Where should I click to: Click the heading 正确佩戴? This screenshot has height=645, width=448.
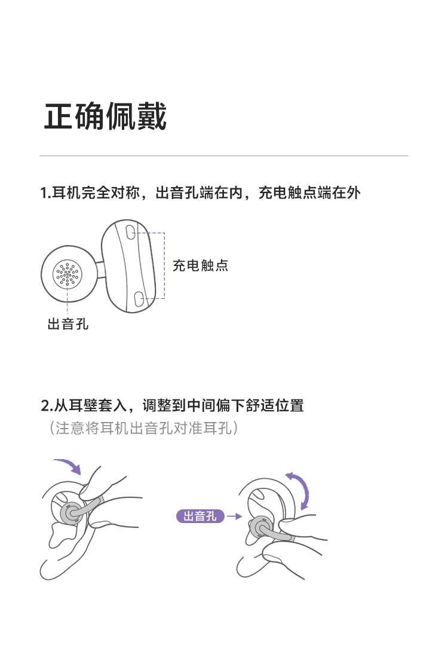105,117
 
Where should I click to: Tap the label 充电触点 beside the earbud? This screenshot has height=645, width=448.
200,266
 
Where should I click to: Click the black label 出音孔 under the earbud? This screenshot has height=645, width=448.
68,324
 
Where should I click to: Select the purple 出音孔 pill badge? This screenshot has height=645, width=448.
200,516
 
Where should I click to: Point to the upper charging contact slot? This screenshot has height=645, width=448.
130,231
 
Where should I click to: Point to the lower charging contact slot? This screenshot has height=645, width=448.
139,299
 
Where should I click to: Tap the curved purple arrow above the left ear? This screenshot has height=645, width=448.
69,466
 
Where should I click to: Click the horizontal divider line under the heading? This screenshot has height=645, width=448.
224,156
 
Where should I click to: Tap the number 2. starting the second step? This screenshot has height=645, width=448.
47,406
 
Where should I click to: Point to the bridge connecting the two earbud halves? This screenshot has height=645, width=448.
100,270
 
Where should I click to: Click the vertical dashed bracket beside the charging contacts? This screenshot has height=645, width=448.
164,266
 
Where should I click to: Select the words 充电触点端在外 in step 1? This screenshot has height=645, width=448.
309,192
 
